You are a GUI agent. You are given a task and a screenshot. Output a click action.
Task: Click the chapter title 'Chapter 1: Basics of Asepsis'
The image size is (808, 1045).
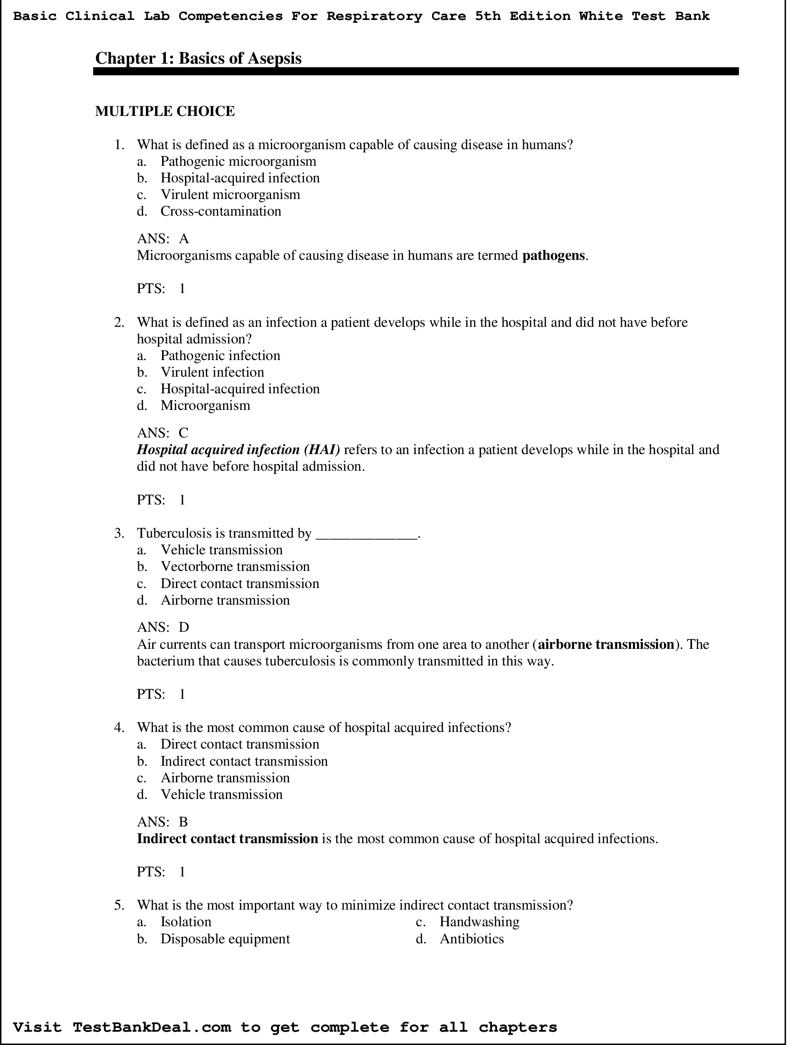(x=198, y=58)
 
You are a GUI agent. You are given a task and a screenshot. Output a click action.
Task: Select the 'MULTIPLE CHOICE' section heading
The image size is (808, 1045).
(x=164, y=111)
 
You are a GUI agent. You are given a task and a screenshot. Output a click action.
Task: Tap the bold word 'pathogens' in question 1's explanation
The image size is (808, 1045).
(x=553, y=256)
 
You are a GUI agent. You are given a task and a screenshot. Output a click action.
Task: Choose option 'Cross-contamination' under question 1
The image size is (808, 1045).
(x=221, y=211)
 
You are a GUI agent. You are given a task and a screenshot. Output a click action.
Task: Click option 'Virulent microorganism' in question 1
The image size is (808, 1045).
(x=230, y=194)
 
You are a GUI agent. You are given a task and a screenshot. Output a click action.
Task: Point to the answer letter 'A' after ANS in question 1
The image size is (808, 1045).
(x=184, y=239)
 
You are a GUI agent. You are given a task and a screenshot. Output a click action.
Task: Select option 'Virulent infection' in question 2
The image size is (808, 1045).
(x=212, y=372)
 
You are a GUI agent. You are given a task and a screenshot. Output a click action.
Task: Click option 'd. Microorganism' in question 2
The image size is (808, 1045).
(x=205, y=405)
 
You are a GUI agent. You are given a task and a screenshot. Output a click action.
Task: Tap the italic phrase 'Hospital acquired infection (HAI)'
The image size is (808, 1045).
(x=239, y=450)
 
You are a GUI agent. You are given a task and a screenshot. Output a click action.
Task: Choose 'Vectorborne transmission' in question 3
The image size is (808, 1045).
(x=235, y=567)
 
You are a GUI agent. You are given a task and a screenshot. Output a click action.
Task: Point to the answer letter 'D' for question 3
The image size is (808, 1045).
(x=184, y=627)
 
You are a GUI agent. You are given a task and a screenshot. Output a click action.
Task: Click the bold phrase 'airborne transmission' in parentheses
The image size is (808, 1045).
(x=606, y=645)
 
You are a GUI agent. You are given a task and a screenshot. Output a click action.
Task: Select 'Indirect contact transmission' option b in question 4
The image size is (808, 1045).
(x=244, y=761)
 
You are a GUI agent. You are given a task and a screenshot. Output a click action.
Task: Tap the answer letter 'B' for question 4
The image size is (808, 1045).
(x=183, y=822)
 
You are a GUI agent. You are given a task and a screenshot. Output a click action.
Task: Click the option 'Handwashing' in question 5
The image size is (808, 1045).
(x=479, y=921)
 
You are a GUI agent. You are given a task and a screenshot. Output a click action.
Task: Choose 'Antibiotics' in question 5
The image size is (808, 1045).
(x=471, y=939)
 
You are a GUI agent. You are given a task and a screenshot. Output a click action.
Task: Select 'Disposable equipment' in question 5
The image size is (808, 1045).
(x=225, y=939)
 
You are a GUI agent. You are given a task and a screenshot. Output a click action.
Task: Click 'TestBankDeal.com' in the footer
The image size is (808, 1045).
(x=152, y=1027)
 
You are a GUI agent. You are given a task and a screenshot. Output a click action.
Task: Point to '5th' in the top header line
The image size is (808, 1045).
(x=488, y=16)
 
